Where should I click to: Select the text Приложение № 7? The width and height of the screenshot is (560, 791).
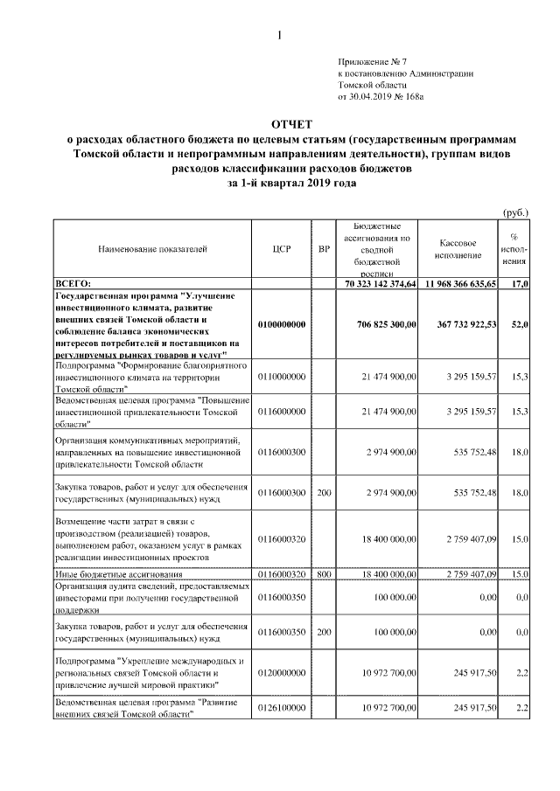coord(373,61)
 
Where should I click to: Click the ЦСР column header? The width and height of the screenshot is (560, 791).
coord(282,249)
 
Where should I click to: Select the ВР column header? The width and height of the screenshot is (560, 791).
coord(324,249)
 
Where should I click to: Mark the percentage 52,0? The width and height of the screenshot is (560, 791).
coord(520,324)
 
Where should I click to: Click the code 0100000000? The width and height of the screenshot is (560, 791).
coord(282,324)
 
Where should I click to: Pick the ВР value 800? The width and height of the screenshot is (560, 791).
coord(324,573)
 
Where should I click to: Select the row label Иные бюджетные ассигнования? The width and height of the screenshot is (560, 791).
coord(118,573)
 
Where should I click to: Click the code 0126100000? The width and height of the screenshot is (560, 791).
coord(282,706)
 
